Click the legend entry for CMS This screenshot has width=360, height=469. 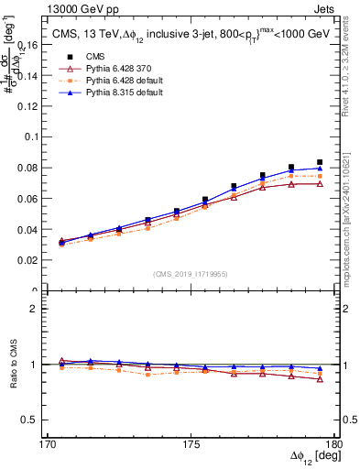pyautogui.click(x=83, y=57)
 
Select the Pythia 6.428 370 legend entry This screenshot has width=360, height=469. pyautogui.click(x=103, y=69)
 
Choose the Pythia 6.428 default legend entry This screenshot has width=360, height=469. pyautogui.click(x=106, y=81)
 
